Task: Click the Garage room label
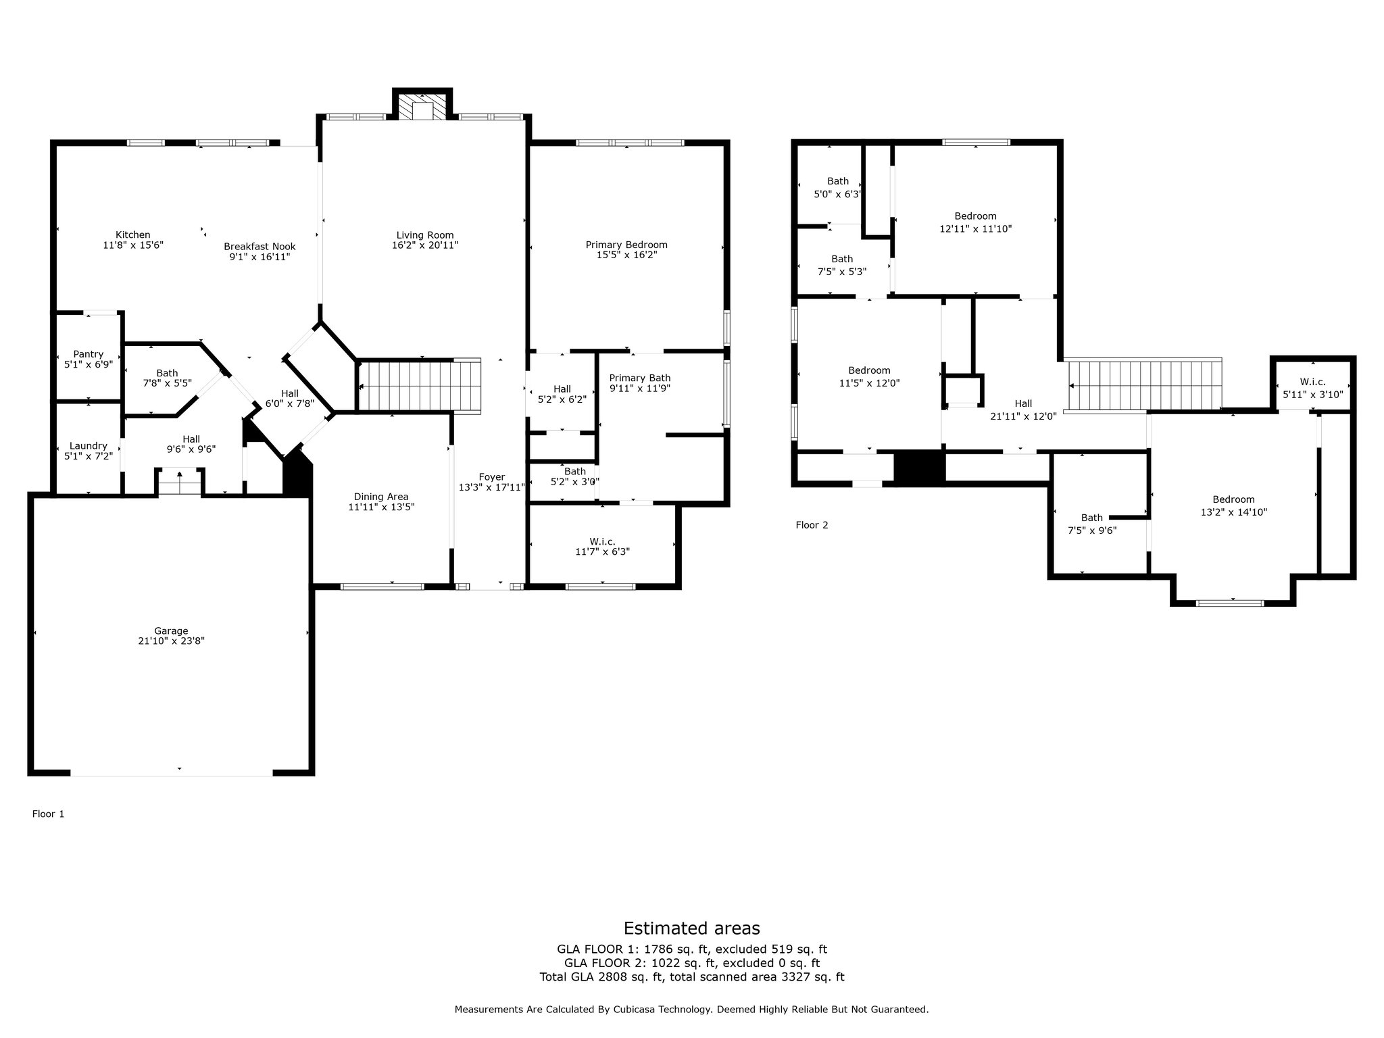click(x=171, y=631)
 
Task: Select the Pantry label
click(x=89, y=354)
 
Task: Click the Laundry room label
click(x=89, y=446)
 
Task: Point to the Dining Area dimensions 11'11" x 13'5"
click(x=381, y=507)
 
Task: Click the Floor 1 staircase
click(x=419, y=385)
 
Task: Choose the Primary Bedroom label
click(x=626, y=245)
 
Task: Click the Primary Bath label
click(x=640, y=378)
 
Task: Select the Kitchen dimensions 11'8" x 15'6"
click(x=133, y=245)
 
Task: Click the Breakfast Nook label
click(x=260, y=247)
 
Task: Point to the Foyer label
click(x=492, y=477)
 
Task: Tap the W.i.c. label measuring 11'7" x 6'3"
click(x=602, y=541)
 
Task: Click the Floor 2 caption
click(x=812, y=525)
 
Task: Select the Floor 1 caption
click(x=49, y=814)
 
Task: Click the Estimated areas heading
click(x=691, y=928)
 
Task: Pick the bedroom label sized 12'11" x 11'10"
click(x=976, y=216)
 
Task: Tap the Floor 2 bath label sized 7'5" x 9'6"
click(x=1092, y=518)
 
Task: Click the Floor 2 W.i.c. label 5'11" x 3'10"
click(x=1312, y=382)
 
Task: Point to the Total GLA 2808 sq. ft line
click(x=692, y=977)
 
